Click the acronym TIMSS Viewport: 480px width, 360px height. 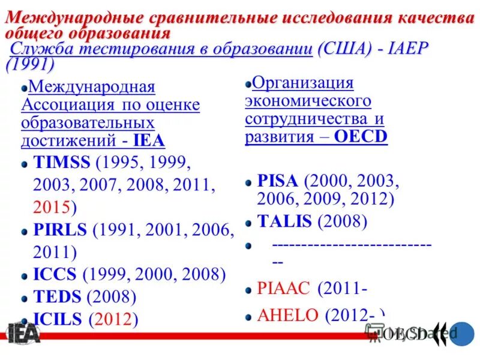click(x=61, y=163)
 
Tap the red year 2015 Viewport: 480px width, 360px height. click(x=52, y=207)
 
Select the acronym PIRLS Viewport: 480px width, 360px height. click(x=61, y=229)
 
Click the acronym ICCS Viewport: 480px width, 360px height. click(x=55, y=275)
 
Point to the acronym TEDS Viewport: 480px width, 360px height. click(x=58, y=296)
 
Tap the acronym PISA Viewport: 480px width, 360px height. click(x=278, y=181)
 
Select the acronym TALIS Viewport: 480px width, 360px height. click(x=284, y=221)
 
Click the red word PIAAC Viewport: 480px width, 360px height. click(x=284, y=289)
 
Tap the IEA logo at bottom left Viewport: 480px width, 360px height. click(x=23, y=333)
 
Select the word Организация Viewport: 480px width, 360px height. click(x=303, y=83)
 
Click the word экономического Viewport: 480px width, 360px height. click(x=308, y=101)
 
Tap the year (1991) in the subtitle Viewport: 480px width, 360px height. click(x=30, y=64)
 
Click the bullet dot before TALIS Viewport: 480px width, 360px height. click(x=248, y=223)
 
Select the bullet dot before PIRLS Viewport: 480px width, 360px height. click(x=25, y=230)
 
